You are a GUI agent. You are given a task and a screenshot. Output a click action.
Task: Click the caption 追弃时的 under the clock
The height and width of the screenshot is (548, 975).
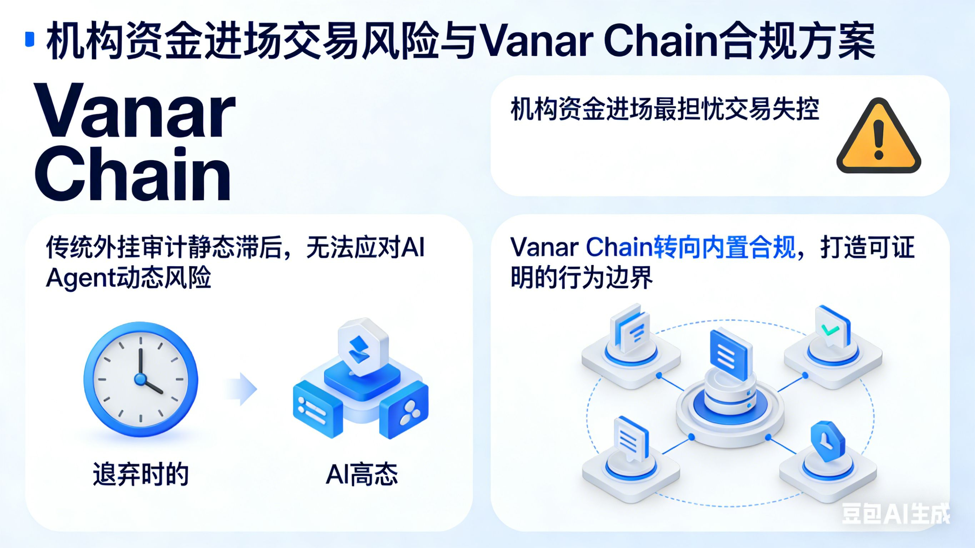(140, 474)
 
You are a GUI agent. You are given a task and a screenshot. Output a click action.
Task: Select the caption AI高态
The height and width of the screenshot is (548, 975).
(362, 474)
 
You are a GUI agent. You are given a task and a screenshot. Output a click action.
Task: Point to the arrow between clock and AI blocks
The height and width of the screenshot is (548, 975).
(242, 389)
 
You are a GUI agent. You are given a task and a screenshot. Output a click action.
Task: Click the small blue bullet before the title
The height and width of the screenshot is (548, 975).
(30, 39)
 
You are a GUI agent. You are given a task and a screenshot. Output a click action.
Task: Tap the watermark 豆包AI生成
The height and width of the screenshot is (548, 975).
(895, 514)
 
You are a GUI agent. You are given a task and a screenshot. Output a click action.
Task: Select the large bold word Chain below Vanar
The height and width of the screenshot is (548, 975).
(132, 174)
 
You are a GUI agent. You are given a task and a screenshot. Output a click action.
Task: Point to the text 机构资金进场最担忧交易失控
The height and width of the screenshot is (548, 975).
(665, 110)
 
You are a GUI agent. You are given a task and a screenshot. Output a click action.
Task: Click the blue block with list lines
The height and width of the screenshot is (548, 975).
(317, 409)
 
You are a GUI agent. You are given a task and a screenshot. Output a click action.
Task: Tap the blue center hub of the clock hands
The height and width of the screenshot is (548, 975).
(140, 379)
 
